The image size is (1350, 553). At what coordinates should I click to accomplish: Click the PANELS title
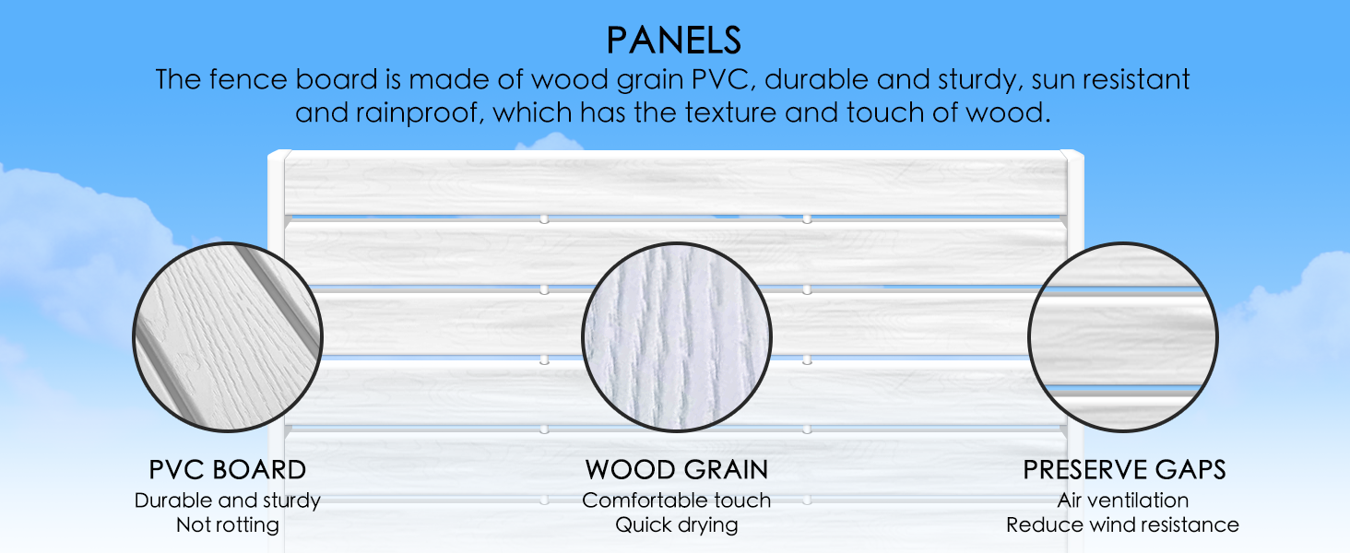coord(673,41)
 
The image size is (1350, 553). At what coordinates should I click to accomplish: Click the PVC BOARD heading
coord(227,470)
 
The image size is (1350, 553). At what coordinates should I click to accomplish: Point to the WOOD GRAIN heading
coord(676,470)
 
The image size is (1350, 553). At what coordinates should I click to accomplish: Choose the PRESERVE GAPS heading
coord(1124,470)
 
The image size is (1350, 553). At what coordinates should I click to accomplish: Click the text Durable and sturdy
coord(227,500)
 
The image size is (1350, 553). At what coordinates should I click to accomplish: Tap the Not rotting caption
coord(227,524)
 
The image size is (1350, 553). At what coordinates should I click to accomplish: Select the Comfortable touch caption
coord(676,500)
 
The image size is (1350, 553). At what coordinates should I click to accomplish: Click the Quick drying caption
coord(676,525)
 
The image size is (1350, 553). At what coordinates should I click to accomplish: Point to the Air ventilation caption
coord(1123,500)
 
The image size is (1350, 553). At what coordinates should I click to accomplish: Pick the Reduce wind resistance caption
coord(1123,524)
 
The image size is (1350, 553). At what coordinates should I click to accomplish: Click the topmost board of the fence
coord(676,183)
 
